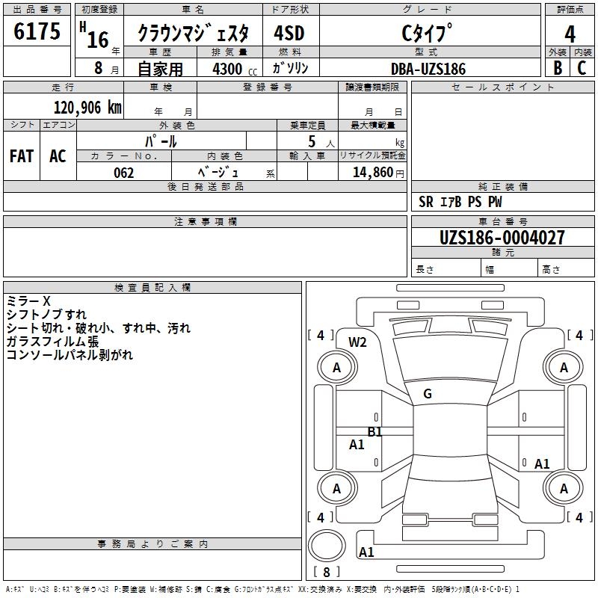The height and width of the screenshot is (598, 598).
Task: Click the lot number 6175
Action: click(38, 33)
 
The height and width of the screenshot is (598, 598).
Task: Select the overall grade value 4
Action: click(570, 34)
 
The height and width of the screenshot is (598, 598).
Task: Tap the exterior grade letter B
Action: click(558, 68)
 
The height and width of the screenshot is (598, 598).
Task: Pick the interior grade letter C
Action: click(582, 68)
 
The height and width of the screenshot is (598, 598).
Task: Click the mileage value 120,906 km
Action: click(87, 108)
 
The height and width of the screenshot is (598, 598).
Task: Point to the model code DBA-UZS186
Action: click(428, 69)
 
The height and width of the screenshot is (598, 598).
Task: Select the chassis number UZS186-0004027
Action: click(502, 238)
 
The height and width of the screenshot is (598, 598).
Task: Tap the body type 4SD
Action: click(289, 34)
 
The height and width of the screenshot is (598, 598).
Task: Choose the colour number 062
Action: click(124, 173)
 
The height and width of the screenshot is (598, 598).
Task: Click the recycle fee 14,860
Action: click(372, 173)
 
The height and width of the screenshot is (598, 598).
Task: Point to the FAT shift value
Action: click(22, 156)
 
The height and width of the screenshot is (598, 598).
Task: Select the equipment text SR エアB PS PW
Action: click(460, 202)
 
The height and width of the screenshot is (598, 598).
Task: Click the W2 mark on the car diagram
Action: click(358, 342)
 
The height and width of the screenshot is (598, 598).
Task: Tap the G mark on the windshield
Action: click(428, 394)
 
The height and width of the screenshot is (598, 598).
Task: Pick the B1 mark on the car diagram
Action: click(374, 432)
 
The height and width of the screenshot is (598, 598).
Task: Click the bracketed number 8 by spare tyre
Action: click(326, 573)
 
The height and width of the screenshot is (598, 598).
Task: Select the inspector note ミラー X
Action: click(28, 301)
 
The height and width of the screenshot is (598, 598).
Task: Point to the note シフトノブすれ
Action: click(46, 315)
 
